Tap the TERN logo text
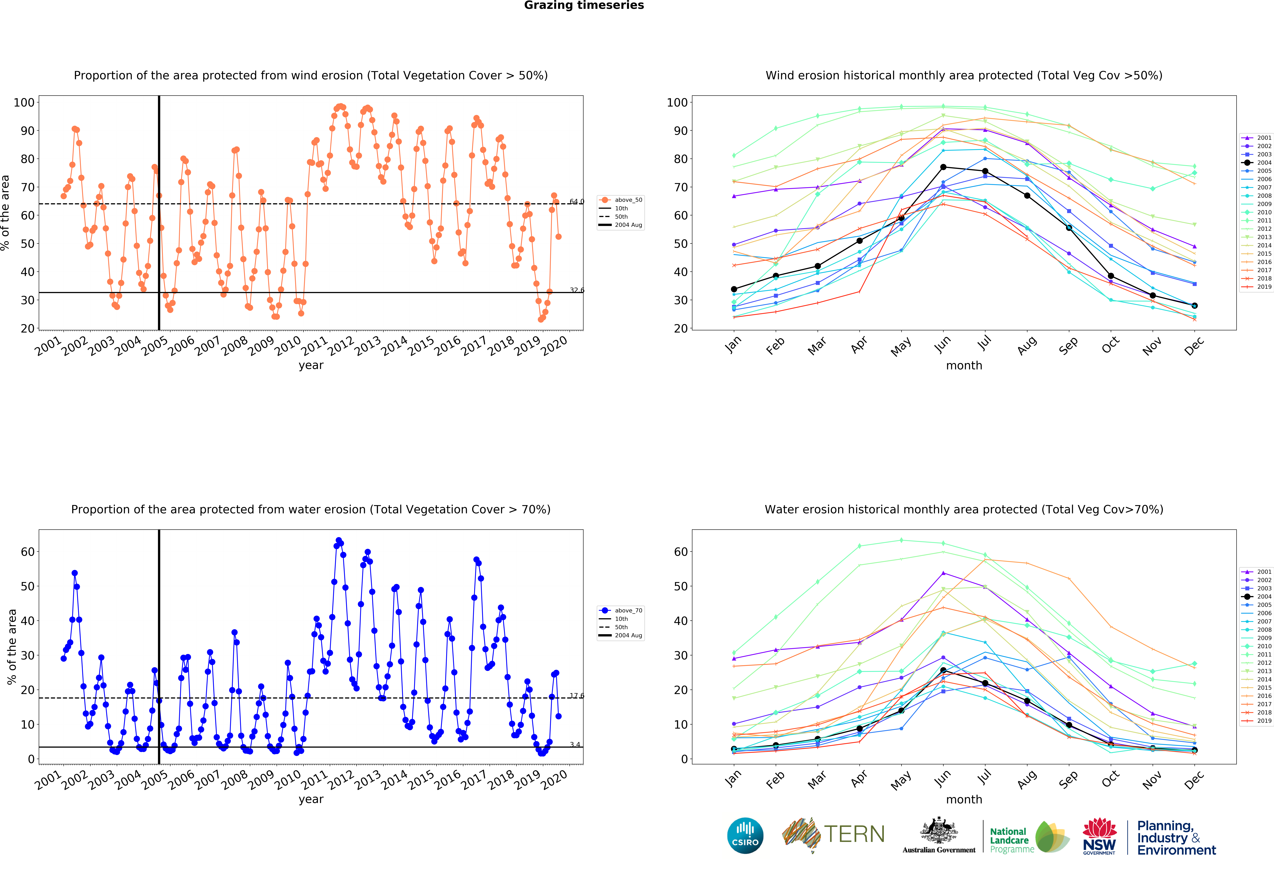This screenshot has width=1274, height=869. tap(854, 834)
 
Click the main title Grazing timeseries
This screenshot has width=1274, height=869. tap(584, 5)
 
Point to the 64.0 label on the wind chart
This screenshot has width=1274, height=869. tap(577, 201)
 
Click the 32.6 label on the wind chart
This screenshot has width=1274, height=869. tap(577, 290)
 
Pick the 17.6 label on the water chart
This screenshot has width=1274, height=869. tap(577, 696)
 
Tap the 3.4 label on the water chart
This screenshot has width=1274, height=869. tap(575, 745)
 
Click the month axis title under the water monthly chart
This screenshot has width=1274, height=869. tap(964, 799)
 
